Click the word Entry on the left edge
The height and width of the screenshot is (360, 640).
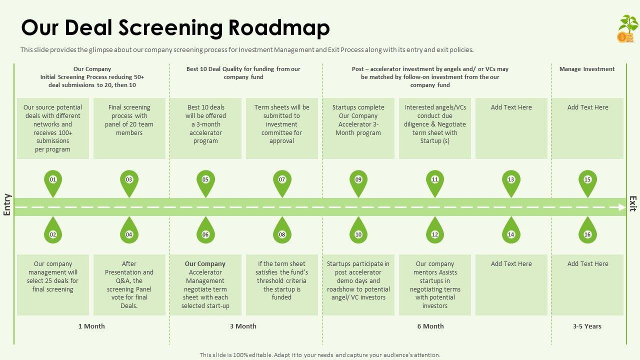coord(7,204)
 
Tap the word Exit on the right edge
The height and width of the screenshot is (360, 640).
coord(633,203)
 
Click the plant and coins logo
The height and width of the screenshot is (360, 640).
coord(627,28)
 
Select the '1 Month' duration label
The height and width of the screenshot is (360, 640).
coord(91,326)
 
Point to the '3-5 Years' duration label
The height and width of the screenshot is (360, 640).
coord(587,326)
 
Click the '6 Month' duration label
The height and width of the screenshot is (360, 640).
coord(430,326)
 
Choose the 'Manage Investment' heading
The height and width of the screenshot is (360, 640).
coord(587,69)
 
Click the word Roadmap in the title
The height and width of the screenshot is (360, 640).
coord(279,28)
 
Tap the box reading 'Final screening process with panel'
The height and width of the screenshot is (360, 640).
coord(129,128)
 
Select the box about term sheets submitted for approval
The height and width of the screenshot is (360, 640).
coord(282,128)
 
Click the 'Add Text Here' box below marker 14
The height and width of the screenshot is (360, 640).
coord(511,284)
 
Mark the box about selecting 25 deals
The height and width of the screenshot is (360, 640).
coord(53,284)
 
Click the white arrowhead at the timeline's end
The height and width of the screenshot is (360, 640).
coord(622,207)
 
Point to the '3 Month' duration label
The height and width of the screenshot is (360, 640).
coord(243,326)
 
